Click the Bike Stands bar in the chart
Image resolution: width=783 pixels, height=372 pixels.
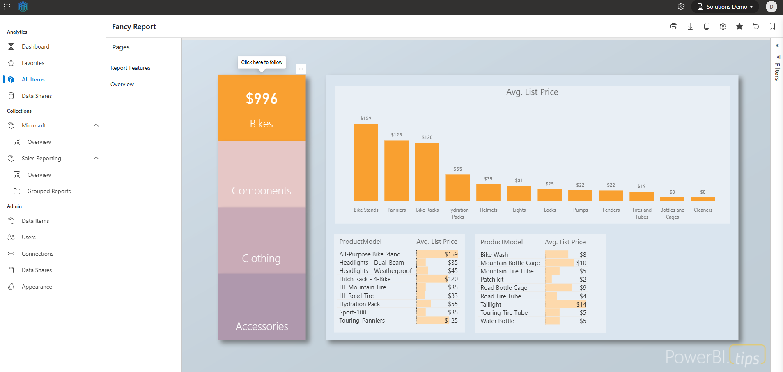pyautogui.click(x=365, y=162)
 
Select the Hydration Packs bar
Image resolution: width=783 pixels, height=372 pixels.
pyautogui.click(x=457, y=188)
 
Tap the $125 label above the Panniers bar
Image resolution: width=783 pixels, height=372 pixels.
pyautogui.click(x=396, y=135)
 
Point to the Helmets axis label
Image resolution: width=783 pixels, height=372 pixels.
pyautogui.click(x=488, y=210)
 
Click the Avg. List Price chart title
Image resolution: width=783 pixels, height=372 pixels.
pyautogui.click(x=532, y=92)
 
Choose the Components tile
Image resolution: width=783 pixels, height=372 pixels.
pyautogui.click(x=262, y=191)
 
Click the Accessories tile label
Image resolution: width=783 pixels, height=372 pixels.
pyautogui.click(x=262, y=326)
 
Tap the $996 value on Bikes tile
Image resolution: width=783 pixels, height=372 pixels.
pyautogui.click(x=262, y=99)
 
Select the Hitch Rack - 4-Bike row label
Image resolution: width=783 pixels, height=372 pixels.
pyautogui.click(x=365, y=279)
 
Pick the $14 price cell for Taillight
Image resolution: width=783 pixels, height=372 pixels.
pyautogui.click(x=581, y=305)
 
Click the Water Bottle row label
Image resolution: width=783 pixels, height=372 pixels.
pyautogui.click(x=497, y=321)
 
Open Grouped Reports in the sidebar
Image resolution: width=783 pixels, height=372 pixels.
pyautogui.click(x=49, y=191)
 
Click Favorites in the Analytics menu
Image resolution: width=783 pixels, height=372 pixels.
pyautogui.click(x=33, y=63)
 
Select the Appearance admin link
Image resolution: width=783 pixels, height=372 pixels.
pyautogui.click(x=37, y=287)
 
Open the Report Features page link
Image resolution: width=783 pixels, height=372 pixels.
pyautogui.click(x=130, y=68)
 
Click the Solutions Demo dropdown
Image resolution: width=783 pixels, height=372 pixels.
pyautogui.click(x=725, y=7)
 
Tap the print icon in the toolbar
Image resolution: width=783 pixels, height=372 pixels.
pyautogui.click(x=673, y=26)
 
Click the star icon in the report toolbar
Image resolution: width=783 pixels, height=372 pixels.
pyautogui.click(x=739, y=26)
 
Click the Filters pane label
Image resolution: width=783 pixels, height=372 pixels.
pyautogui.click(x=777, y=72)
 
